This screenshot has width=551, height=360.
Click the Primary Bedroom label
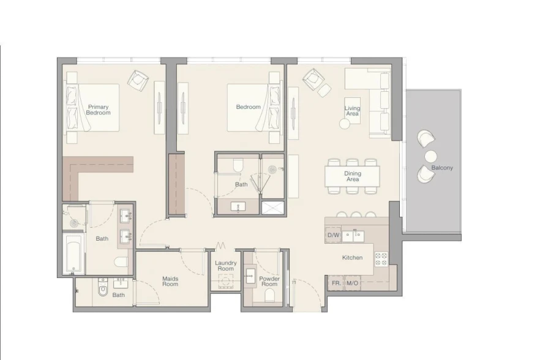click(98, 110)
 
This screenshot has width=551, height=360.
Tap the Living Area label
click(352, 111)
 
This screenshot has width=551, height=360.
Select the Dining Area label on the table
click(352, 176)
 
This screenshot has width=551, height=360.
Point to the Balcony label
click(442, 168)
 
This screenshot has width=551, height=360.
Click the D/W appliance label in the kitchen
click(333, 235)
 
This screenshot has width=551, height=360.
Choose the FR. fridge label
click(336, 283)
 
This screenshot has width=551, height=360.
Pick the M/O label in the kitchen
click(352, 283)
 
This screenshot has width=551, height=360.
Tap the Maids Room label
click(170, 281)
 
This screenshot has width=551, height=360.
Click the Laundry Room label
click(225, 266)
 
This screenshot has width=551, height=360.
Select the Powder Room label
click(269, 281)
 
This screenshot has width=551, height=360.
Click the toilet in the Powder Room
click(269, 297)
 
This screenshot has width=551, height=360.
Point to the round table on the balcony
click(430, 156)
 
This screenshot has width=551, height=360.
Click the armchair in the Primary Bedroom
click(138, 79)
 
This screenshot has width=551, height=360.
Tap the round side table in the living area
click(345, 124)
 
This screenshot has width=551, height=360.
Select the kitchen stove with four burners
click(381, 258)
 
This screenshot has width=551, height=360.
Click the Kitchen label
click(352, 258)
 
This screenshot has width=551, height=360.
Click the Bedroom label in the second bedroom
click(248, 107)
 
